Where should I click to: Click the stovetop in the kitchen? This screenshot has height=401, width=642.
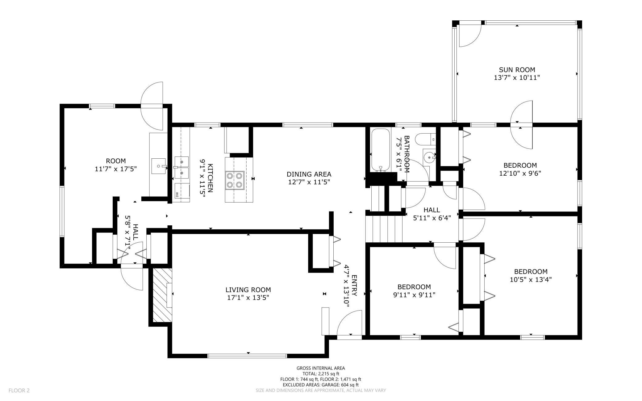(x=235, y=180)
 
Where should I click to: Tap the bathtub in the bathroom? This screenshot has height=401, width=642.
(x=381, y=149)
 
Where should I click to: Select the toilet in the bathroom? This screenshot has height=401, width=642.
(x=425, y=139)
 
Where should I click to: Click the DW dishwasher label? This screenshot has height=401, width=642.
(x=177, y=194)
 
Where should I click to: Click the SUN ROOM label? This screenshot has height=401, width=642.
(x=517, y=70)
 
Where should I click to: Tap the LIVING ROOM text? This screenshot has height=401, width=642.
(x=248, y=290)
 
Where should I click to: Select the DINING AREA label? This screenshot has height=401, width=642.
(x=309, y=174)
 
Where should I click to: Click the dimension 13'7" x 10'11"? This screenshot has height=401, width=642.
(x=517, y=77)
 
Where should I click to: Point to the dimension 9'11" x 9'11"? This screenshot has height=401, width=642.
(x=414, y=295)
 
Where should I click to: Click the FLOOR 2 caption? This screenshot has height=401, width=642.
(x=19, y=391)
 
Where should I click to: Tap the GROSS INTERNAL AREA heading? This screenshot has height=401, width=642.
(x=321, y=368)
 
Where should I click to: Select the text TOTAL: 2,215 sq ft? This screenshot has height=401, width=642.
(x=321, y=374)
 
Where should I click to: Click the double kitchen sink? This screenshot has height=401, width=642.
(x=182, y=167)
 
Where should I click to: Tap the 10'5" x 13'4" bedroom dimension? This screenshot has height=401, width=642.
(x=531, y=280)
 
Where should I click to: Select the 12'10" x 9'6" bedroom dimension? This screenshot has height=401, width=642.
(x=520, y=173)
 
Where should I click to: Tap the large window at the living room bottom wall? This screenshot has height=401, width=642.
(x=247, y=356)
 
